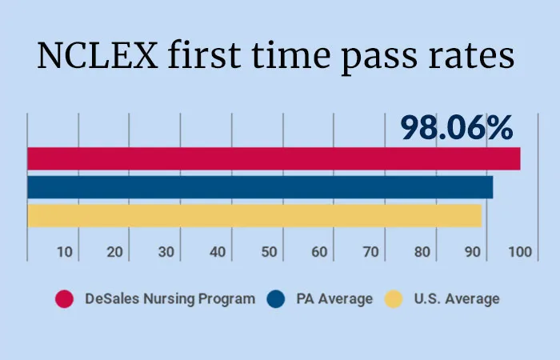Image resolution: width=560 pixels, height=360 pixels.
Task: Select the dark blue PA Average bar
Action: click(260, 187)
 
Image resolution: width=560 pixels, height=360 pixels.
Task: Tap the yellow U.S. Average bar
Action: click(254, 215)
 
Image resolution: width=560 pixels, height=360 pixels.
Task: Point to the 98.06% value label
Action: click(457, 128)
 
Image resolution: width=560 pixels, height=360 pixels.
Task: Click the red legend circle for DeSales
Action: click(65, 299)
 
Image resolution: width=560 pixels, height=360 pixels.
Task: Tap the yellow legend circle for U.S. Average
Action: click(393, 299)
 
